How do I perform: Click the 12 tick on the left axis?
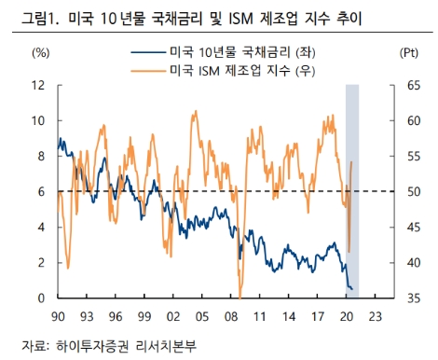(40, 85)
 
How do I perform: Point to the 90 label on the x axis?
(58, 317)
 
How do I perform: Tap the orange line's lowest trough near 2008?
(240, 295)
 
